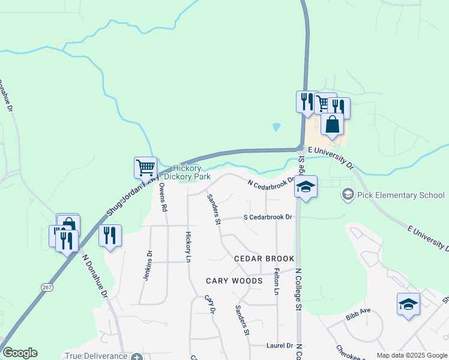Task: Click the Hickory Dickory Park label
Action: click(x=192, y=173)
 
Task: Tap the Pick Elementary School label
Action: click(x=400, y=195)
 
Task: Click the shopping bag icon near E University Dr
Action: click(x=332, y=125)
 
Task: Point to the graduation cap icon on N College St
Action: click(x=306, y=187)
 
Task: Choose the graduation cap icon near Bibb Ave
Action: click(x=408, y=304)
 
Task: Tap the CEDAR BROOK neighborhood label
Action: click(x=264, y=259)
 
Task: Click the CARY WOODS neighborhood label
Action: click(x=234, y=281)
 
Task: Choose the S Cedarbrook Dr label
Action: click(x=267, y=217)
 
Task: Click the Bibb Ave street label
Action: click(x=358, y=311)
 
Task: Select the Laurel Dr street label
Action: click(x=280, y=346)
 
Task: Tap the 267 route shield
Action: click(x=46, y=288)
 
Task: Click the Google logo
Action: click(x=20, y=353)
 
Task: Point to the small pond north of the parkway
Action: click(x=276, y=127)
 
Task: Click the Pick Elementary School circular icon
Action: click(x=348, y=194)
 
